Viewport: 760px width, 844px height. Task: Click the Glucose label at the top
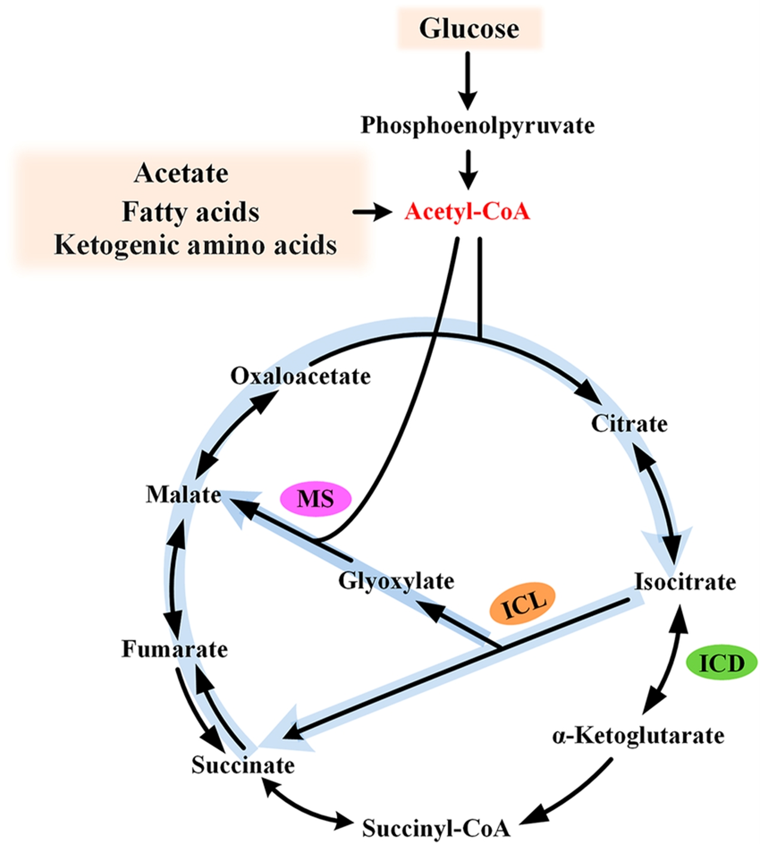(469, 28)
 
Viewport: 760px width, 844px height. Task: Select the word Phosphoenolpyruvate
(477, 126)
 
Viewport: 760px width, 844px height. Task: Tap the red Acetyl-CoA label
(467, 212)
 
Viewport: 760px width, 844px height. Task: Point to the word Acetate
(181, 173)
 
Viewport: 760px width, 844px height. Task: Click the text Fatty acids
(191, 212)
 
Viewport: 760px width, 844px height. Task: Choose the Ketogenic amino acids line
(196, 245)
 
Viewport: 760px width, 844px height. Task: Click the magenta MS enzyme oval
(316, 499)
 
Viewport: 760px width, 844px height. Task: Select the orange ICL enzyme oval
(523, 604)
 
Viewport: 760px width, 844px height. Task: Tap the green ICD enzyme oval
(721, 663)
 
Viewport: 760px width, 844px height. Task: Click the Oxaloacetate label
(300, 376)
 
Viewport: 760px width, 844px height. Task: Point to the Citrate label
(629, 424)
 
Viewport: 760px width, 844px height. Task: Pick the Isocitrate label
(685, 582)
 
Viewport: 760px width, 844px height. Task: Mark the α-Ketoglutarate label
(638, 736)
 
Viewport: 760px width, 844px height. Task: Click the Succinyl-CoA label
(436, 828)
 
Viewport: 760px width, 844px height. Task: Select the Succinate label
(243, 765)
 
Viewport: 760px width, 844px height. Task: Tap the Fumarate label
(175, 649)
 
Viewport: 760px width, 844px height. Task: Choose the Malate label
(183, 495)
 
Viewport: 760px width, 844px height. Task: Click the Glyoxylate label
(396, 580)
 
